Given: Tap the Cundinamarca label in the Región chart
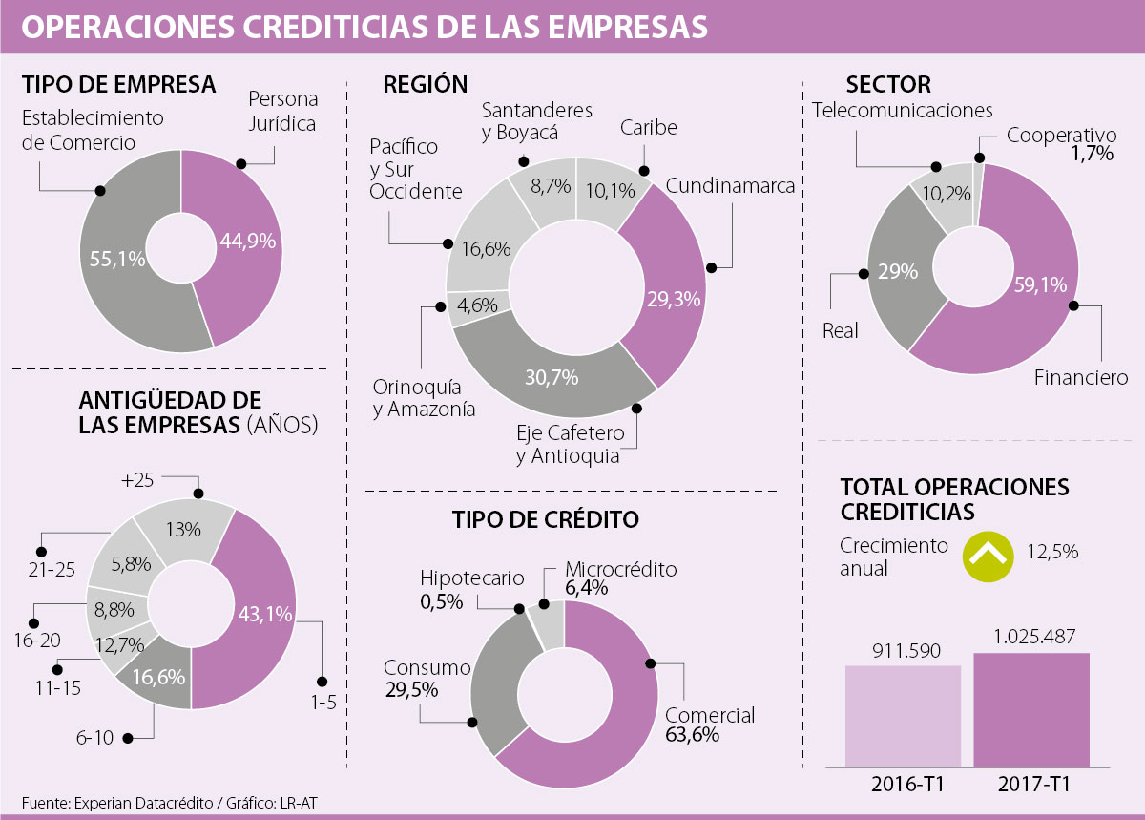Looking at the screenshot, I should [730, 186].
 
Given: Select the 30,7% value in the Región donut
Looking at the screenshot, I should [552, 378].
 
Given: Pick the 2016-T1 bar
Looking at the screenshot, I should [903, 716].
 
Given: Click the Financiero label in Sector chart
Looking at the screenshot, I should [1081, 378].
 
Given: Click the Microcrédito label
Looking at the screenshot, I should [620, 570].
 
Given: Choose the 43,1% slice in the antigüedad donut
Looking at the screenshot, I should [260, 615].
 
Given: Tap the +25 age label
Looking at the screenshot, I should [137, 481].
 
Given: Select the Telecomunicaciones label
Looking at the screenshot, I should [903, 111].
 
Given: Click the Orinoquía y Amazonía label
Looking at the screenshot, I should [417, 399].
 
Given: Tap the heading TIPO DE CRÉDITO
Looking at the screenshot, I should [546, 519].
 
